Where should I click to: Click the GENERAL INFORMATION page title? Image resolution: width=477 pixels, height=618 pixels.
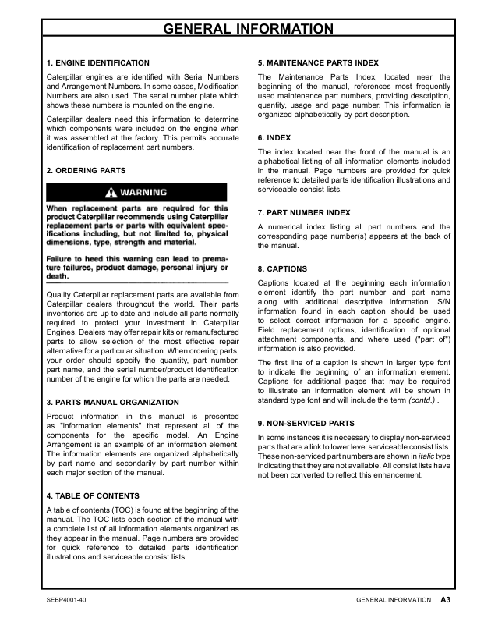[247, 30]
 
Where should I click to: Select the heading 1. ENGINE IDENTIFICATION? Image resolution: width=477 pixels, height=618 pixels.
[98, 62]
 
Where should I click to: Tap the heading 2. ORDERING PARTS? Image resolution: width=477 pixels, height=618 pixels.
[86, 170]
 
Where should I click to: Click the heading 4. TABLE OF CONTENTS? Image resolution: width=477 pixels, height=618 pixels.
[94, 495]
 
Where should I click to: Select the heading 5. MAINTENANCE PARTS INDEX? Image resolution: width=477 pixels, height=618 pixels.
[316, 62]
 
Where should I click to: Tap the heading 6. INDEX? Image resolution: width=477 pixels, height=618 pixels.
[274, 137]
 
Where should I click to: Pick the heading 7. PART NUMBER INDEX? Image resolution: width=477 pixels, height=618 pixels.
[303, 212]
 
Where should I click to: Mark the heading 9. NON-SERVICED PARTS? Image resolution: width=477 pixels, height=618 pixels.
[306, 423]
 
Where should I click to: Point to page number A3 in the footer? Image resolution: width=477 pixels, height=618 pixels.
[446, 600]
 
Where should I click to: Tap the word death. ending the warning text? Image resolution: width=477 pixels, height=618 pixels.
[58, 276]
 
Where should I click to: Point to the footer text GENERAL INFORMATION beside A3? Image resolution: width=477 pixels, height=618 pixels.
[393, 600]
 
